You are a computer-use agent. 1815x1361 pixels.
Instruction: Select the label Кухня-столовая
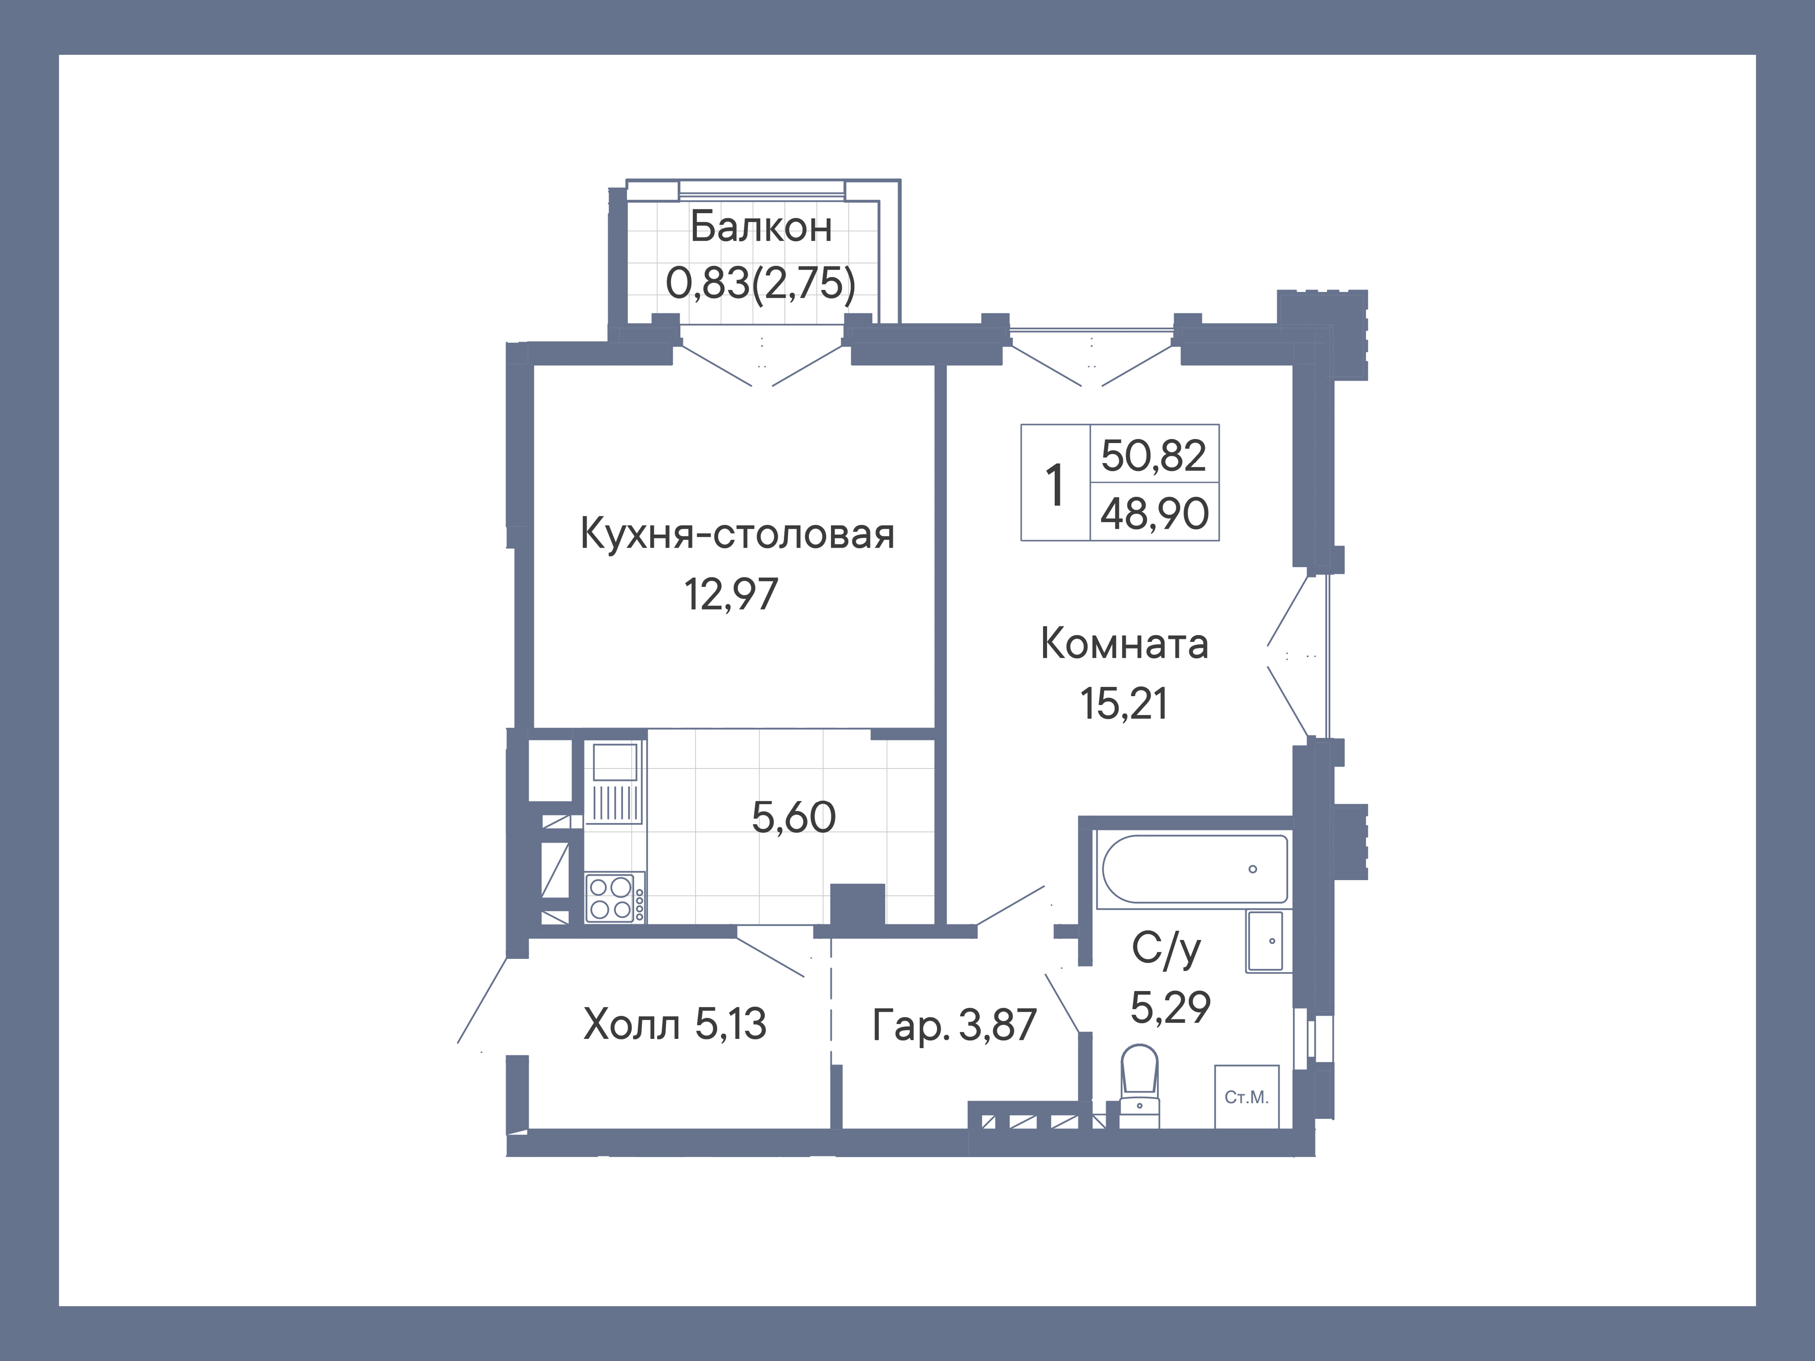pos(737,534)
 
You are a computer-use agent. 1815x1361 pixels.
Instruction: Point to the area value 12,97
pos(731,594)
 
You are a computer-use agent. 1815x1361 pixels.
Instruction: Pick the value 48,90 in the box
pos(1154,514)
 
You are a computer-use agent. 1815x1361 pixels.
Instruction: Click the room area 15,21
pos(1123,704)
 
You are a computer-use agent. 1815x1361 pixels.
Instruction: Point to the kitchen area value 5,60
pos(794,817)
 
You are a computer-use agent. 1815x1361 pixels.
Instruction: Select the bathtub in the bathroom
pos(1194,869)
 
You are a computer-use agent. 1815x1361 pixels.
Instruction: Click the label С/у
pos(1166,949)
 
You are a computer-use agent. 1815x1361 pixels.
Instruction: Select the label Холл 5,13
pos(675,1024)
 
